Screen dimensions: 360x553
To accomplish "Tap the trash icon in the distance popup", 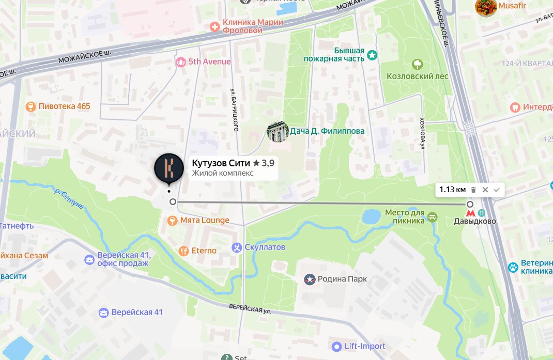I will [473, 190].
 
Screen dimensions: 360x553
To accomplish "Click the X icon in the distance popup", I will [485, 190].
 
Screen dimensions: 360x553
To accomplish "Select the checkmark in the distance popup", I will [497, 190].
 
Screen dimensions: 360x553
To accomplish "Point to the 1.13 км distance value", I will [452, 190].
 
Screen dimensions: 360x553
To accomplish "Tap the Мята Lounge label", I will [204, 221].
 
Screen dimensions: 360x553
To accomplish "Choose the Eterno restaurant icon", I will [183, 251].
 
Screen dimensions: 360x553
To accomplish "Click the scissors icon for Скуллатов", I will [237, 247].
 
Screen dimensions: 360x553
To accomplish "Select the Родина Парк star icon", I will [310, 279].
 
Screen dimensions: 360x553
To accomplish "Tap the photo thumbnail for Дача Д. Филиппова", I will [277, 131].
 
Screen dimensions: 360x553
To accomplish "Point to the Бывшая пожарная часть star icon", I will [372, 55].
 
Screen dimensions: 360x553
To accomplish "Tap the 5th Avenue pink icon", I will [180, 62].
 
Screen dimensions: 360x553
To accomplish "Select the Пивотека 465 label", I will [65, 106].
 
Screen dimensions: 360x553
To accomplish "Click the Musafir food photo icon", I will [486, 7].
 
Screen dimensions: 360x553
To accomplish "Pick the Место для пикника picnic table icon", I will [433, 218].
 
